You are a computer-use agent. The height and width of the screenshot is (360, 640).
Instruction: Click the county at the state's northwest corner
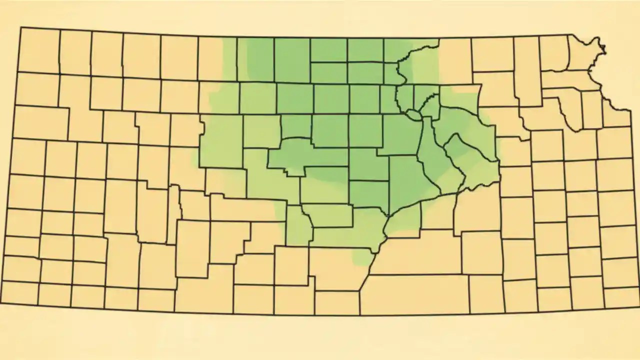pyautogui.click(x=39, y=50)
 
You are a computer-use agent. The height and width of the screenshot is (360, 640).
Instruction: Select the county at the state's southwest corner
pyautogui.click(x=20, y=293)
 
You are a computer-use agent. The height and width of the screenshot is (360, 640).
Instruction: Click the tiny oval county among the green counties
pyautogui.click(x=413, y=115)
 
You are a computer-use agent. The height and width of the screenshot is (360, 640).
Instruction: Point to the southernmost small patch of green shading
pyautogui.click(x=362, y=257)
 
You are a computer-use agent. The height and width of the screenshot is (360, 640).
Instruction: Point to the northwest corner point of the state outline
pyautogui.click(x=20, y=27)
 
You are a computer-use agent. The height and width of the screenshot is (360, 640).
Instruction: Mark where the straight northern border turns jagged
pyautogui.click(x=571, y=34)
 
